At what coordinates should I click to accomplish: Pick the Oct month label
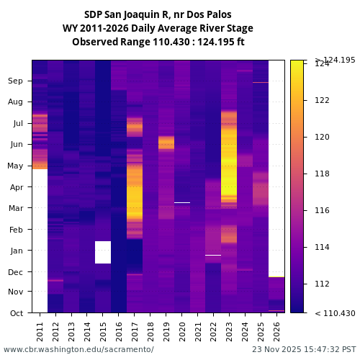[16, 313]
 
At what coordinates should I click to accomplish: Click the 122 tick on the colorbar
[322, 100]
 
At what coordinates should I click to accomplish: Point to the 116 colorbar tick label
[322, 210]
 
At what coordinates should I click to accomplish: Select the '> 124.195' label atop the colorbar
[335, 60]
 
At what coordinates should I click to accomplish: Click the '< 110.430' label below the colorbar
[335, 313]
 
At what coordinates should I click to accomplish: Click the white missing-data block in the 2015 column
[103, 252]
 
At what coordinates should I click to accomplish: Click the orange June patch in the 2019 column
[166, 142]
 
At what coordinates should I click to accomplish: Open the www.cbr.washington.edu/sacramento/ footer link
[78, 349]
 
